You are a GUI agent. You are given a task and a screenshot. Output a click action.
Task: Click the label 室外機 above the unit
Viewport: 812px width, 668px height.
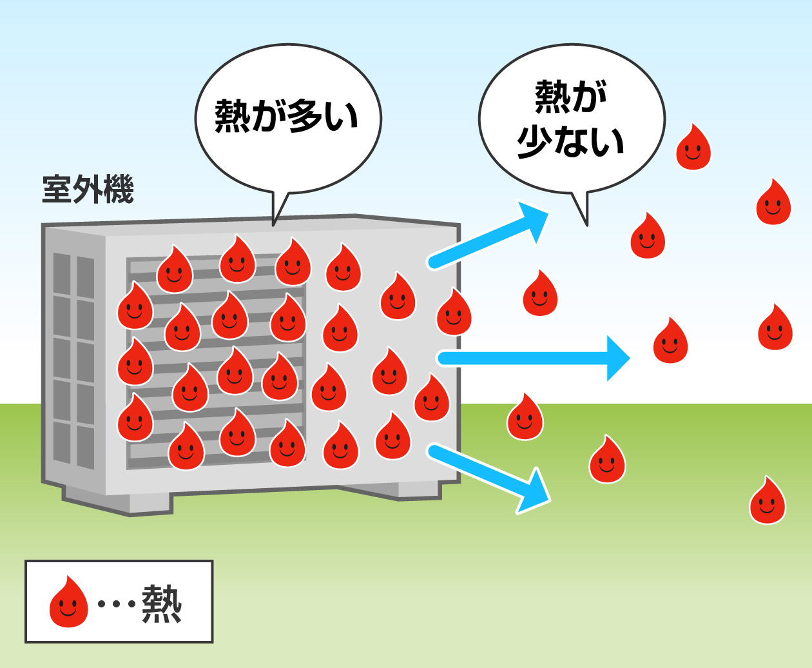click(88, 190)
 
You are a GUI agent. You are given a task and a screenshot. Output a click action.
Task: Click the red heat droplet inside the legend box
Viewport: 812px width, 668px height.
click(68, 602)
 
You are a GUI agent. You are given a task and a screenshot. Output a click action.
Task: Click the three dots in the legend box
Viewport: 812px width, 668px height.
click(116, 604)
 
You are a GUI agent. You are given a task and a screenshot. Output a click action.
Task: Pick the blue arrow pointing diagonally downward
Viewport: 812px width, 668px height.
click(490, 477)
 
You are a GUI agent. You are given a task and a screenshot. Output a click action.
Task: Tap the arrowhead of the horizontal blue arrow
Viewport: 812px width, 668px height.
click(617, 358)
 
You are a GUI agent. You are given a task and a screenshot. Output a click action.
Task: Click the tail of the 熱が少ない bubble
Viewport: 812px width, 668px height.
click(581, 208)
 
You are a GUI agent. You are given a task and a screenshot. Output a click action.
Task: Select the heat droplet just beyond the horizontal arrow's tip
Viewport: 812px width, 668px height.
click(670, 341)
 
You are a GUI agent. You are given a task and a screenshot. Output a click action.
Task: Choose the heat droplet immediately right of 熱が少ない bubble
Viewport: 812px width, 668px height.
click(693, 148)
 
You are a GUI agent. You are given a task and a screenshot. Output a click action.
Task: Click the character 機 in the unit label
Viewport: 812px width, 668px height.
click(119, 190)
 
